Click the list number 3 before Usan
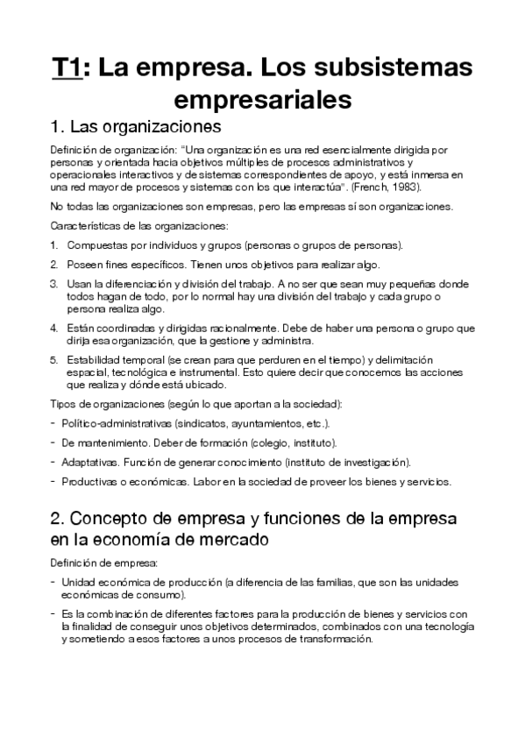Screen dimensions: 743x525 [53, 284]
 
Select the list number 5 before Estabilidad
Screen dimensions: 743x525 [53, 360]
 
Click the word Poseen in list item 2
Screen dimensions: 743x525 [86, 265]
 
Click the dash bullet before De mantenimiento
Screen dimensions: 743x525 [53, 442]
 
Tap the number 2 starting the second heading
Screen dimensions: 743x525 [56, 518]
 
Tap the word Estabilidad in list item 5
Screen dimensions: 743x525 [95, 360]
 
